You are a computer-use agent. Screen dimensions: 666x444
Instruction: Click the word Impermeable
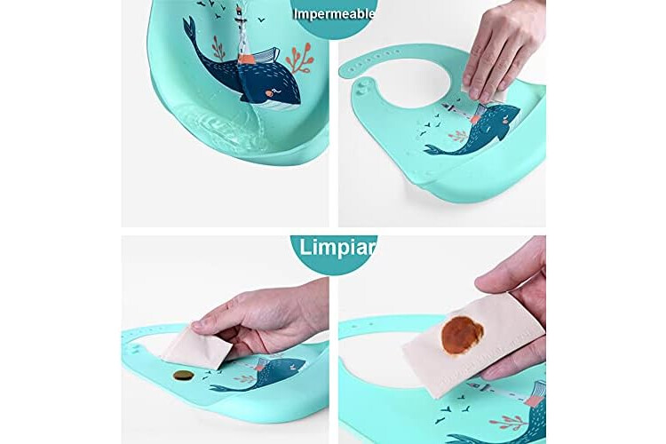(334, 14)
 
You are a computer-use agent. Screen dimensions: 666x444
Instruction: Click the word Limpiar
(337, 248)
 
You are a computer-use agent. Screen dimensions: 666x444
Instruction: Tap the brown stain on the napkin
(463, 336)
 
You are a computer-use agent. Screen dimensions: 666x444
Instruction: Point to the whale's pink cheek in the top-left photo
(269, 93)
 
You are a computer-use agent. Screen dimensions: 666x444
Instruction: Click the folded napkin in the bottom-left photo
(198, 345)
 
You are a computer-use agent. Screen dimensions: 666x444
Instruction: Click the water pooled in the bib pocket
(221, 123)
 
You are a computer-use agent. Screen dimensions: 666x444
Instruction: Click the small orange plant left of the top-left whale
(218, 48)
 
